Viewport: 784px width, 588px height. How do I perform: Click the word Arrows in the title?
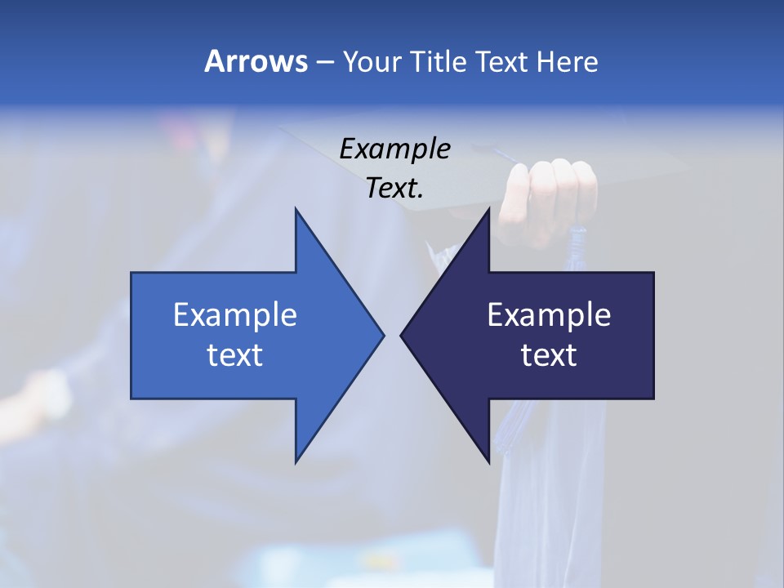pos(256,61)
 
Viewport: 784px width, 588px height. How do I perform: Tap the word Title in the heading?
pos(439,61)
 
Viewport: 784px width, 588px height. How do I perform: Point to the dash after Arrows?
pos(324,62)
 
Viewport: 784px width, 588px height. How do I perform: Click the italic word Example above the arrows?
pos(394,149)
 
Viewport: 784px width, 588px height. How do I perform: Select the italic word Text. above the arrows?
pos(394,188)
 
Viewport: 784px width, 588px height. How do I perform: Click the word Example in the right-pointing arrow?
pos(234,314)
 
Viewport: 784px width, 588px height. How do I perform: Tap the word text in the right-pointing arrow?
pos(234,354)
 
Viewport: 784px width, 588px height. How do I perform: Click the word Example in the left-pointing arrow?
pos(549,314)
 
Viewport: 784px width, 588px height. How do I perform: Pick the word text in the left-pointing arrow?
pos(549,354)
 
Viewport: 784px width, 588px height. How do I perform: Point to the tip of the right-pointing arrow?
pos(383,334)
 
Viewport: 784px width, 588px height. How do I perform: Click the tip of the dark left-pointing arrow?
pos(402,334)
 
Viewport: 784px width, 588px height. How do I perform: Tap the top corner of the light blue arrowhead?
pos(296,210)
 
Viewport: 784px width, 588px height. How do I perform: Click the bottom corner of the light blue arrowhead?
pos(296,462)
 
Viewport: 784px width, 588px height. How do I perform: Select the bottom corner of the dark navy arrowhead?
pos(489,462)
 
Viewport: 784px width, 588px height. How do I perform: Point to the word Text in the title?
pos(500,61)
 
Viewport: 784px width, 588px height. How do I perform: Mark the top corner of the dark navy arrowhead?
pos(489,210)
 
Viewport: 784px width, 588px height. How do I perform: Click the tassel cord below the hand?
pos(577,245)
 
